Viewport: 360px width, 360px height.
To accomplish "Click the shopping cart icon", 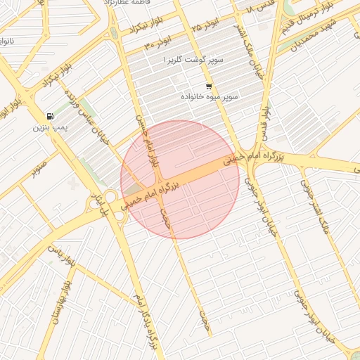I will (208, 86).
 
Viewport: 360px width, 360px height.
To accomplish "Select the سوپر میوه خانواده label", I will (210, 96).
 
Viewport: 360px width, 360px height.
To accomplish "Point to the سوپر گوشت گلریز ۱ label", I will (193, 60).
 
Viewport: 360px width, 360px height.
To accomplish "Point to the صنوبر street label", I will (39, 169).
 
